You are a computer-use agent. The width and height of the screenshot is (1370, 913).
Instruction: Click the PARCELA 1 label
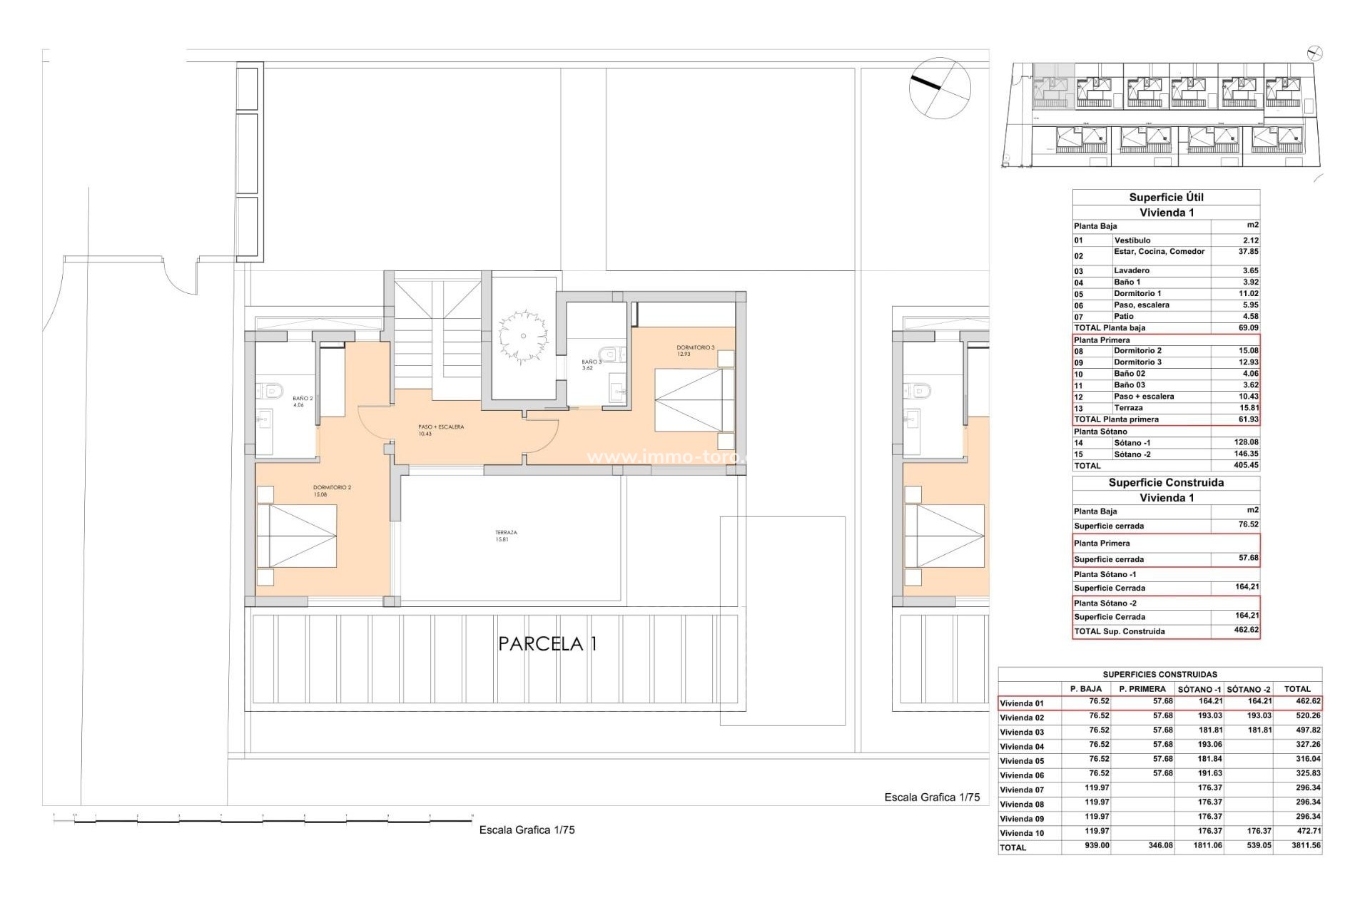[547, 643]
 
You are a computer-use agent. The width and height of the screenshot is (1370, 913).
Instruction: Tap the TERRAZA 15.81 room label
[506, 536]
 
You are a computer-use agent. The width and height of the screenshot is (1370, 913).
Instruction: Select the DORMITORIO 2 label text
[332, 491]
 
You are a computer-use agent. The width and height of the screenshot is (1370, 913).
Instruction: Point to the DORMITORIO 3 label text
[695, 350]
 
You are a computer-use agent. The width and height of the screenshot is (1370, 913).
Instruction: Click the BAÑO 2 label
[302, 402]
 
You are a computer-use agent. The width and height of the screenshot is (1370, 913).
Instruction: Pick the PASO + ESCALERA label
[440, 430]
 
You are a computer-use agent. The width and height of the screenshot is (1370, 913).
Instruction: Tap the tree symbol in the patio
[523, 335]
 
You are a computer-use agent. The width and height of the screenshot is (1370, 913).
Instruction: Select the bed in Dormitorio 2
[297, 536]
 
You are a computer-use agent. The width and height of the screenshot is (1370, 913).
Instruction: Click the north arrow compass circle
[940, 88]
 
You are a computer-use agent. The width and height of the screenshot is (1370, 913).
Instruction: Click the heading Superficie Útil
[1166, 198]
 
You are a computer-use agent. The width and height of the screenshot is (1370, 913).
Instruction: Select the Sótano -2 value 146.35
[1246, 454]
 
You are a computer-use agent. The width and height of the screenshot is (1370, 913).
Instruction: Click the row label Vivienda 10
[1022, 833]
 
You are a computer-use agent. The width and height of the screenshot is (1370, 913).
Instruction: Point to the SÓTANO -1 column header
[1199, 689]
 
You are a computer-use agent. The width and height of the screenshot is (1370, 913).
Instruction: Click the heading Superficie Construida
[1166, 483]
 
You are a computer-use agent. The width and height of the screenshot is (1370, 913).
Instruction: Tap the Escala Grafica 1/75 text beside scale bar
[527, 830]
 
